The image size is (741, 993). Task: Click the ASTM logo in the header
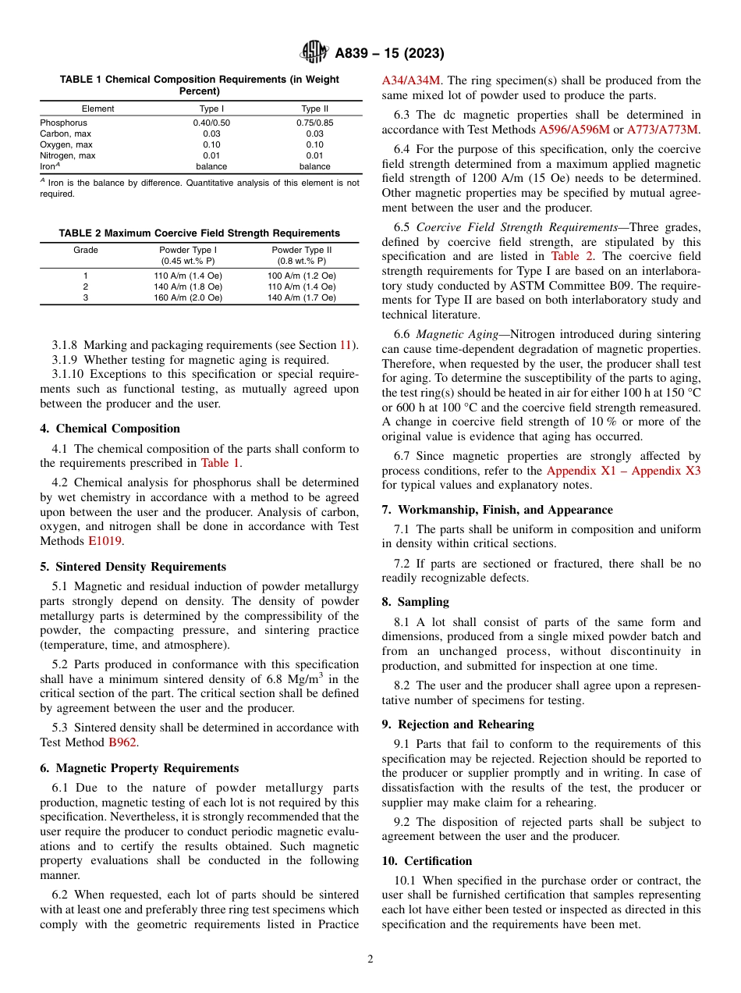315,53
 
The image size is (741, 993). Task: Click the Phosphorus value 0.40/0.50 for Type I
211,123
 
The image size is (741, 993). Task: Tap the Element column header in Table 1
97,109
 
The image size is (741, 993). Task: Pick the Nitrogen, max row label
68,155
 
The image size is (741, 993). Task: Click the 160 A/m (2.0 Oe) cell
188,297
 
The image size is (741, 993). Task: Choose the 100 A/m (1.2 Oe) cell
302,276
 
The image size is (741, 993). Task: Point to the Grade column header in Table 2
86,250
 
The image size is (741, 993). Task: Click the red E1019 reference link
105,541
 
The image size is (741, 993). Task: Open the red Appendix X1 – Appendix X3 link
623,471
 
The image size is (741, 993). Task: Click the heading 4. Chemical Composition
110,429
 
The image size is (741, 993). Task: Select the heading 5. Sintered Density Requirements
133,567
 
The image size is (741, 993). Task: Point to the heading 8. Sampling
415,602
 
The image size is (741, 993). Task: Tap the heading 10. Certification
427,861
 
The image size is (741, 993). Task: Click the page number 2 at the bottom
370,959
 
